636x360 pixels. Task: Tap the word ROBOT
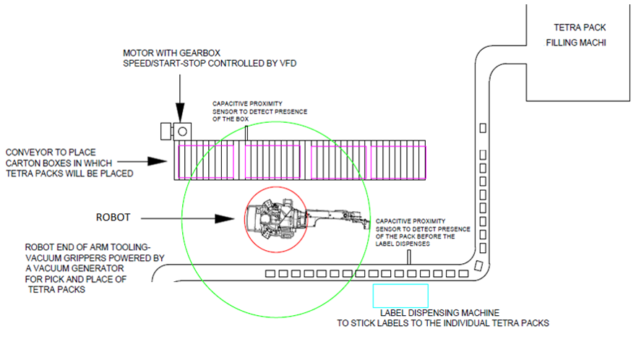(113, 218)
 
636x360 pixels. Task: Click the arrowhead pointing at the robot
(224, 219)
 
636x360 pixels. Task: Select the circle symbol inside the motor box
(183, 132)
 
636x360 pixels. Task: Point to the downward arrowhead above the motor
(180, 113)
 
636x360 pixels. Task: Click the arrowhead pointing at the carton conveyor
(157, 161)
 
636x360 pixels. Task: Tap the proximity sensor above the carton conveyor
(246, 133)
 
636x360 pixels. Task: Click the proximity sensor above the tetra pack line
(409, 257)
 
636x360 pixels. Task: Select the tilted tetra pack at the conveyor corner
(478, 265)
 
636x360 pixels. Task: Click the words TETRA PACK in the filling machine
(580, 27)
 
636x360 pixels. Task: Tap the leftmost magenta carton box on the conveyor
(206, 162)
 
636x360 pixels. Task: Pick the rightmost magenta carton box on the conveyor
(398, 163)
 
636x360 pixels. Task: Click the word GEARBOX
(199, 53)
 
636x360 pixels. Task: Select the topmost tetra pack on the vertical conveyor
(483, 128)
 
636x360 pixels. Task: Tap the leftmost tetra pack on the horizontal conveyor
(270, 274)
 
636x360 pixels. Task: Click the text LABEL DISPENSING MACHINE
(439, 313)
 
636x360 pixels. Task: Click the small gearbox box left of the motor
(166, 131)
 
